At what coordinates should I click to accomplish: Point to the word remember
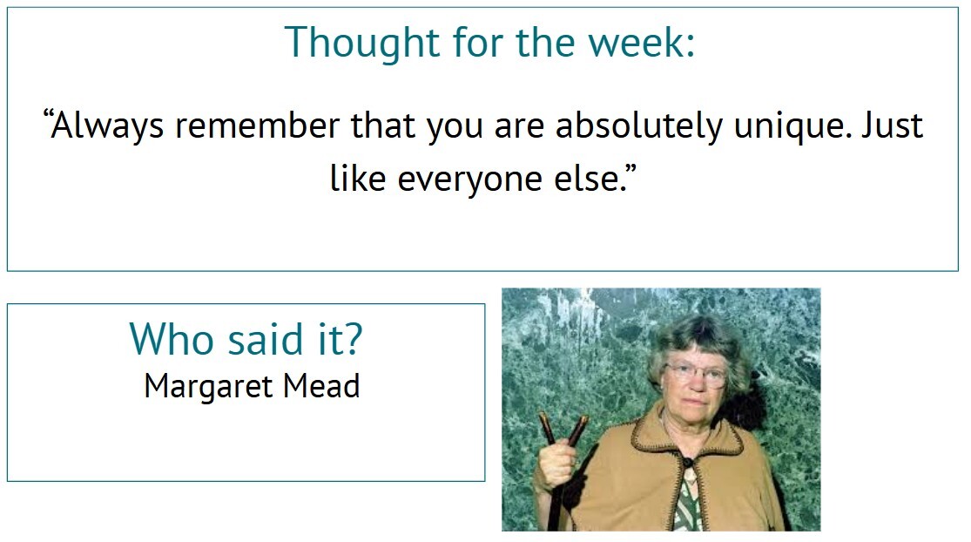click(258, 125)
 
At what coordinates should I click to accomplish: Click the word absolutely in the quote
click(639, 125)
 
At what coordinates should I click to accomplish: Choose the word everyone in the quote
click(470, 179)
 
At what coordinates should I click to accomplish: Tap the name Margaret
click(208, 387)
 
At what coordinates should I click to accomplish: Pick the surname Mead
click(321, 386)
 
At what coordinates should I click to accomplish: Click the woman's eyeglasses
click(696, 374)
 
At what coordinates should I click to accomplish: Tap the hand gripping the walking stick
click(558, 464)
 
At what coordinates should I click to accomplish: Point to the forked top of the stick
click(563, 427)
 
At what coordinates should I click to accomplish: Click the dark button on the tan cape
click(687, 462)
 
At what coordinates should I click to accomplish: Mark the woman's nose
click(696, 384)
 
